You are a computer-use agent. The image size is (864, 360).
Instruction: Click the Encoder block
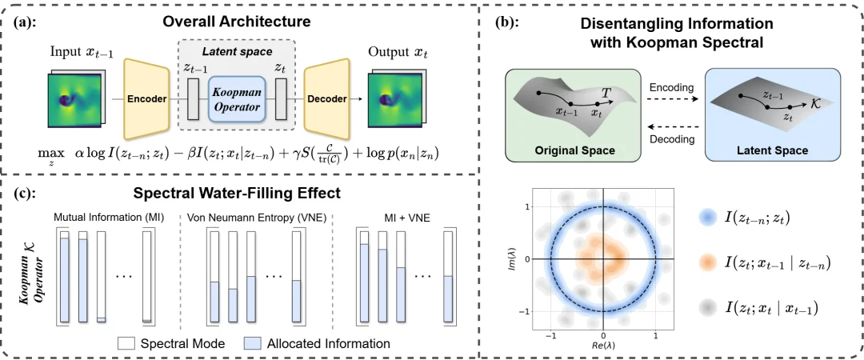[147, 99]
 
